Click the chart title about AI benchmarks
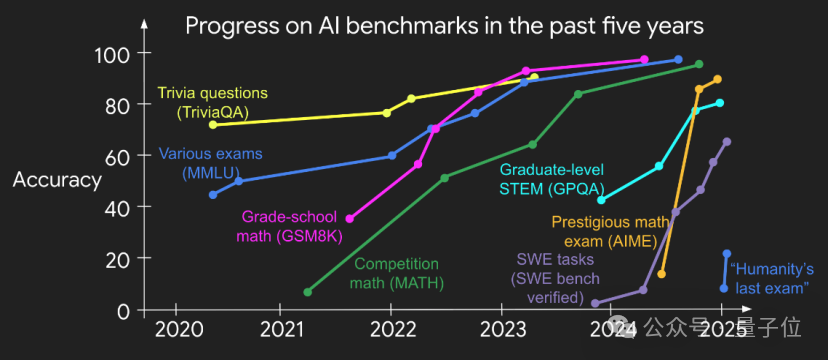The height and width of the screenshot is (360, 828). tap(445, 26)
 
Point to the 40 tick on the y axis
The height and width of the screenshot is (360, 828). tap(118, 207)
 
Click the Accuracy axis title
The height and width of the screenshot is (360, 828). tap(57, 181)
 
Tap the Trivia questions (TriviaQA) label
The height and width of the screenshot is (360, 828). tap(213, 102)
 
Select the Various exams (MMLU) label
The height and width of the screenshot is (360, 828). tap(211, 163)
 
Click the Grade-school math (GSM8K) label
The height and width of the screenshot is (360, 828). tap(290, 226)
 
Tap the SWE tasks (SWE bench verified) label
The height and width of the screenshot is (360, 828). tap(555, 278)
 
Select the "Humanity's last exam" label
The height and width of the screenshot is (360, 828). tap(771, 279)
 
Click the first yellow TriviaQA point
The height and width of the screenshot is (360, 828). tap(213, 125)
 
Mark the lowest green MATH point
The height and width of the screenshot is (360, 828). tap(308, 292)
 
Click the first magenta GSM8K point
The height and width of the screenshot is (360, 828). tap(350, 219)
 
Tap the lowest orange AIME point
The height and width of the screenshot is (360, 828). tap(662, 274)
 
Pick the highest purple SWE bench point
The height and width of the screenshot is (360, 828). tap(727, 141)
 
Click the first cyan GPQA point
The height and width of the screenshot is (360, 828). tap(601, 200)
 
